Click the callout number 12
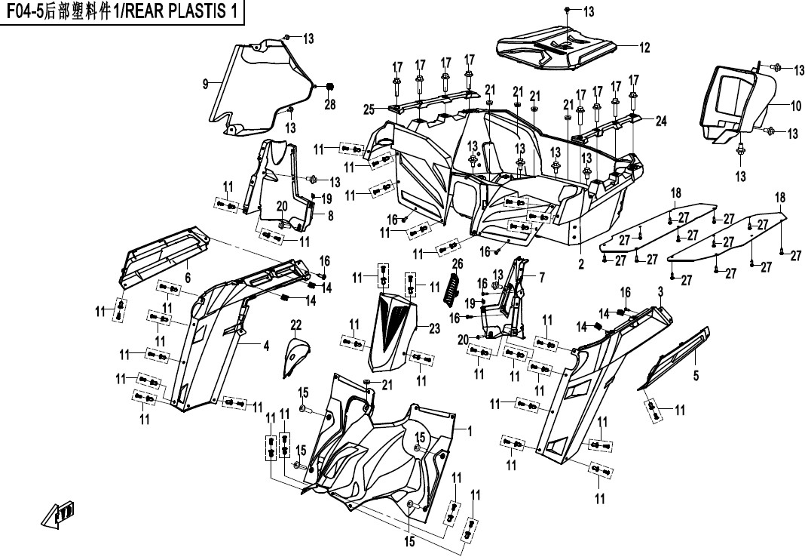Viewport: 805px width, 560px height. click(644, 48)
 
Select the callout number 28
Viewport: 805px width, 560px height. click(329, 105)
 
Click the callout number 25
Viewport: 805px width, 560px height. click(369, 110)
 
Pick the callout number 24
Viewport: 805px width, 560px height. click(661, 121)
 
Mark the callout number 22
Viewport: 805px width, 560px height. click(296, 325)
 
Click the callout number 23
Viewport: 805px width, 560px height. click(433, 328)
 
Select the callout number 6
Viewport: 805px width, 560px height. click(188, 278)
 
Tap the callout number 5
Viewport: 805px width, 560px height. click(696, 374)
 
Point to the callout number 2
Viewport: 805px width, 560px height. click(581, 265)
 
